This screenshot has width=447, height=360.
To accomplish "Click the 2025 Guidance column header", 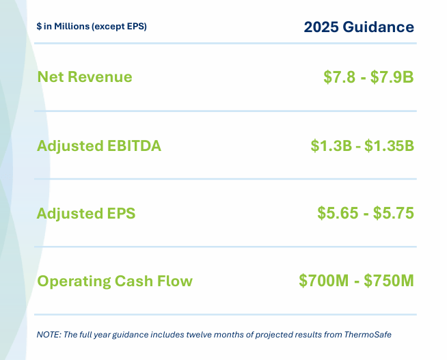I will pyautogui.click(x=359, y=27).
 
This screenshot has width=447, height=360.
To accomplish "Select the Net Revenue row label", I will pyautogui.click(x=84, y=77).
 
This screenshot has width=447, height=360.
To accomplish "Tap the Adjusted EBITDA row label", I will pyautogui.click(x=99, y=146).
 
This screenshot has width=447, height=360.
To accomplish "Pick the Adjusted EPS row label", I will pyautogui.click(x=86, y=213).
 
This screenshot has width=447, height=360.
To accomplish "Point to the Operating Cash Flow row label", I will pyautogui.click(x=115, y=281).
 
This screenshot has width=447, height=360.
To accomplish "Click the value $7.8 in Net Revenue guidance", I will pyautogui.click(x=340, y=77).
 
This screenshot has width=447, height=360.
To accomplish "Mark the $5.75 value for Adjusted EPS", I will pyautogui.click(x=394, y=213).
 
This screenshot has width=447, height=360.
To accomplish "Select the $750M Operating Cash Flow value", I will pyautogui.click(x=389, y=281).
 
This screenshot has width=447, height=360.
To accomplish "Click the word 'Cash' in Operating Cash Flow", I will pyautogui.click(x=134, y=281).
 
